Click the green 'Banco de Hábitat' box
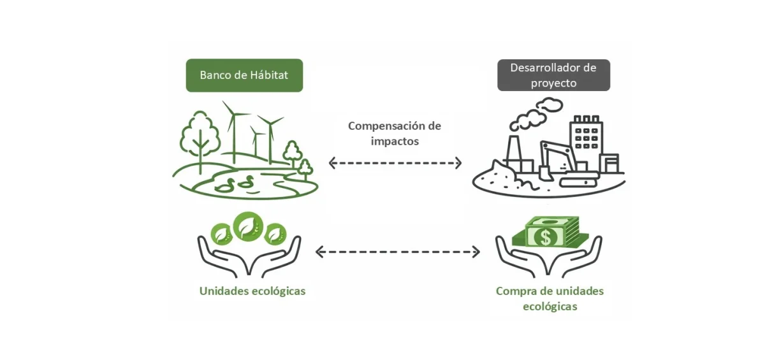[244, 75]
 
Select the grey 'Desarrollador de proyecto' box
[553, 75]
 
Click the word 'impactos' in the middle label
[395, 141]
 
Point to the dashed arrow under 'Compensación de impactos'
[395, 163]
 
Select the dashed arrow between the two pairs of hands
[397, 252]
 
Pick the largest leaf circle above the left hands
[248, 226]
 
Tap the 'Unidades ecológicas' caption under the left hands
[252, 291]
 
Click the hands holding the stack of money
[548, 258]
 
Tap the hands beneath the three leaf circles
[249, 258]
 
